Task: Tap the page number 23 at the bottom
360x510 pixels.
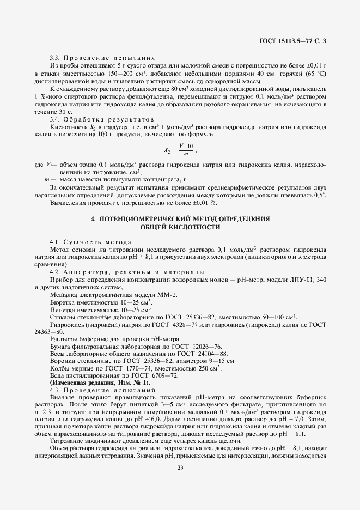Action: [x=180, y=466]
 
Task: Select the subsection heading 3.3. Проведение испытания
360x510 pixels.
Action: [x=102, y=57]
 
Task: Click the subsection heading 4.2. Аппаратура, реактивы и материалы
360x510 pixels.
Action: [x=127, y=271]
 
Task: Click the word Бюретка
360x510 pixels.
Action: [x=62, y=302]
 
